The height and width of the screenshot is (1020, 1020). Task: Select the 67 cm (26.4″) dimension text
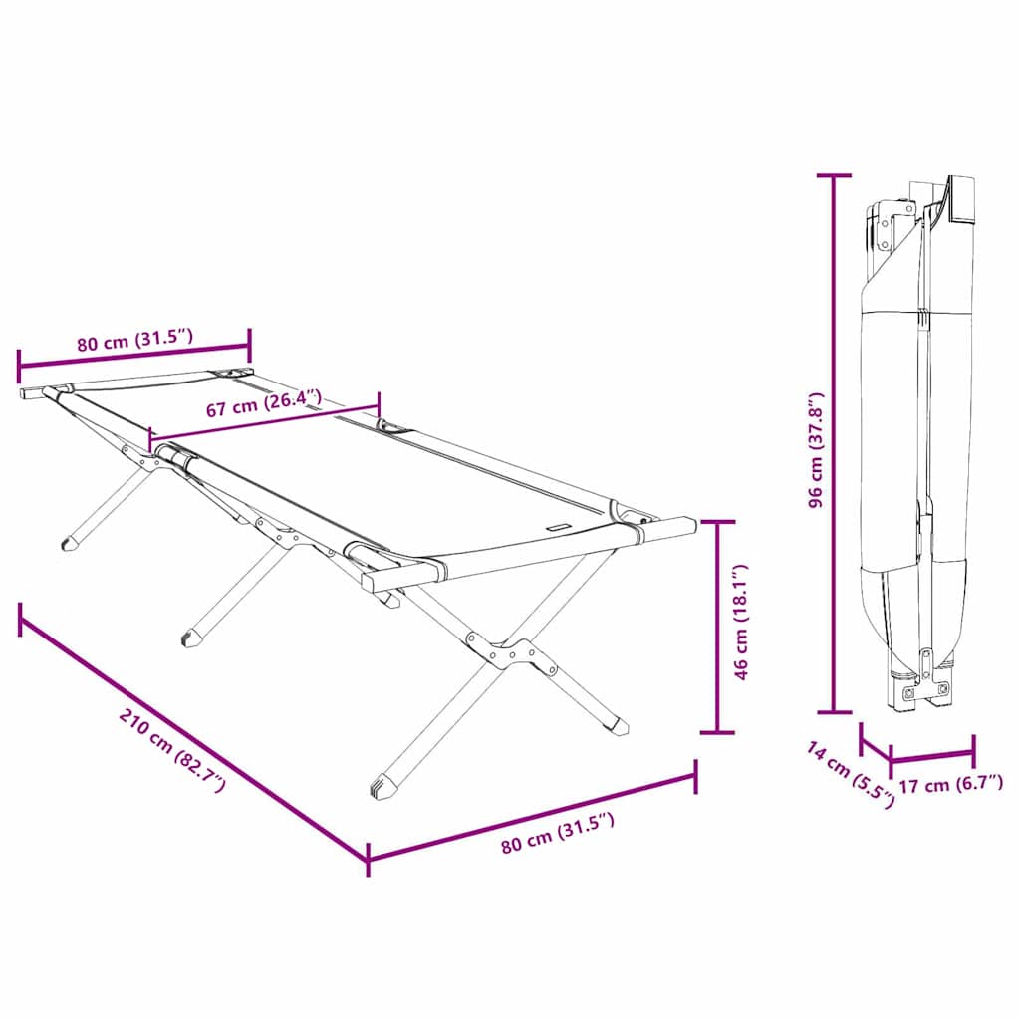click(x=263, y=405)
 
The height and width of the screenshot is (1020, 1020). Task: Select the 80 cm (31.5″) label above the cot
click(x=133, y=341)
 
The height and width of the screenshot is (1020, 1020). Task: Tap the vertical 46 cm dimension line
click(x=717, y=627)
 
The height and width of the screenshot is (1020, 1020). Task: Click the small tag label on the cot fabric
click(x=558, y=529)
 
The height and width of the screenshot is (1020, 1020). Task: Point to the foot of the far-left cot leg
click(x=70, y=544)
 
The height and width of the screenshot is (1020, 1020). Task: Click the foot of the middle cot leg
click(x=189, y=635)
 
